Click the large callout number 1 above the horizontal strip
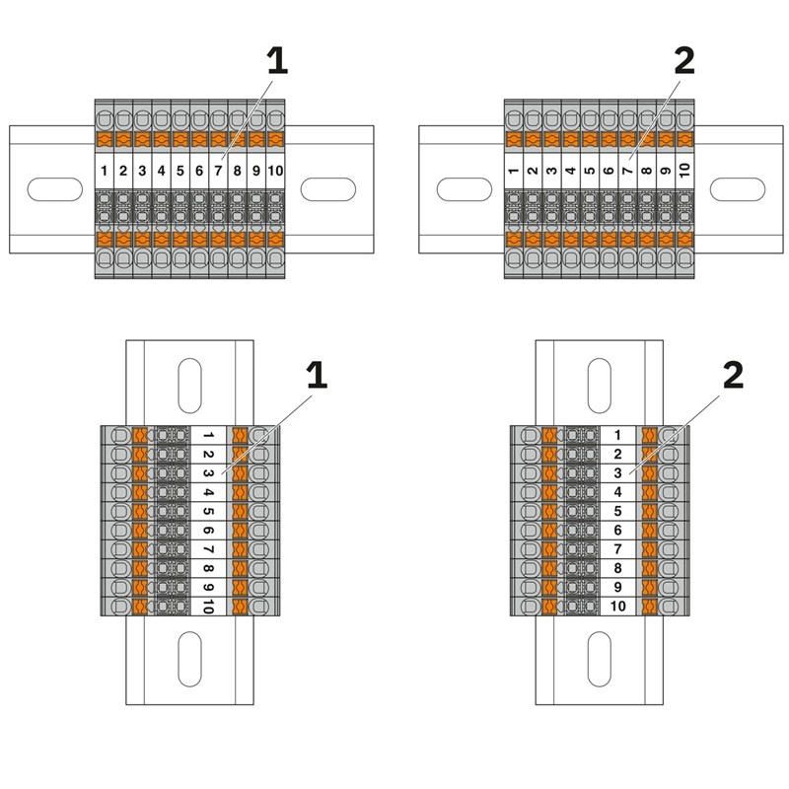(x=277, y=61)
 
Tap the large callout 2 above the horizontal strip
(x=683, y=61)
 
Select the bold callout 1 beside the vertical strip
(x=316, y=375)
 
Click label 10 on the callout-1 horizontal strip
(x=276, y=171)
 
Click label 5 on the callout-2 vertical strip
(x=617, y=511)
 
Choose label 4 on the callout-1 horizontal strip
(x=162, y=171)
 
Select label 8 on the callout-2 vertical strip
(x=617, y=568)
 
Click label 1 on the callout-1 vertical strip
(x=210, y=436)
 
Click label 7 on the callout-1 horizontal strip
(x=219, y=171)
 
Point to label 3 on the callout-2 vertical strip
(x=617, y=473)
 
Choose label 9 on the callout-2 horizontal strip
(x=666, y=171)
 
